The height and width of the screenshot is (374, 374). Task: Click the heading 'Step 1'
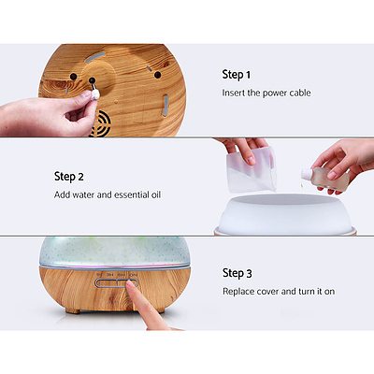pos(237,74)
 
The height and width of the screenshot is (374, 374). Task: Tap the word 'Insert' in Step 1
pos(235,93)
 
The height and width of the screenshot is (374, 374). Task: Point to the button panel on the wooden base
pos(116,277)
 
